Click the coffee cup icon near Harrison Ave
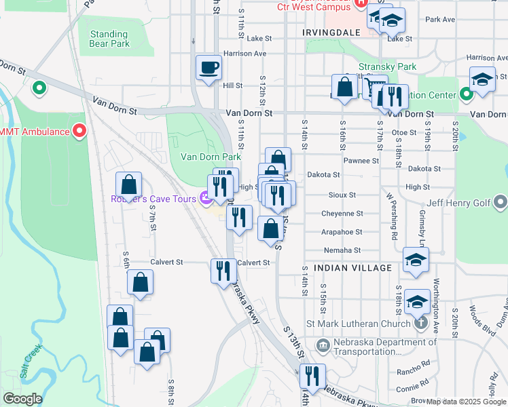pos(208,68)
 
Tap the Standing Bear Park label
pos(109,39)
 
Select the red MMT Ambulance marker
pos(80,131)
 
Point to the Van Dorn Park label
pos(211,157)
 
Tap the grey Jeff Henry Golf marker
pos(501,201)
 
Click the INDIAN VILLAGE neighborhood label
pos(352,268)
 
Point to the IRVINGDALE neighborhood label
pos(329,32)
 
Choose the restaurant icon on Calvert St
pos(223,271)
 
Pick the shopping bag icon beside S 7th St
pos(128,185)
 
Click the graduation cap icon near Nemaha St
pos(416,260)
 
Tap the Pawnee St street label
pos(361,161)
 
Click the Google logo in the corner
pos(22,399)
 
